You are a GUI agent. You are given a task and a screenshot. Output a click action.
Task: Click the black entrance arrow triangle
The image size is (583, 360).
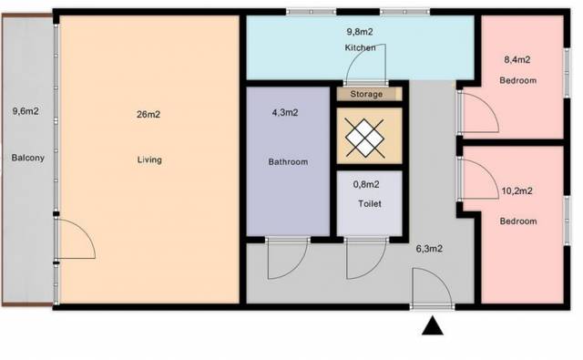tap(433, 326)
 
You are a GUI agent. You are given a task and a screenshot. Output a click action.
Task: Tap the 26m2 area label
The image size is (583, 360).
tap(148, 115)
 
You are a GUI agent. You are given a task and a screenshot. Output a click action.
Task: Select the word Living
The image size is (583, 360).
tap(149, 159)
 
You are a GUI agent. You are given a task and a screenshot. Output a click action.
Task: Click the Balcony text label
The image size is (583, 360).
tap(28, 158)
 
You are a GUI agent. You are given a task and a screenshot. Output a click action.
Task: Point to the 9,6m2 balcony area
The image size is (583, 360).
tap(26, 111)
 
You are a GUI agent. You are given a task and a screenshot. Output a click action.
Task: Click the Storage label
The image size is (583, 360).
tap(366, 94)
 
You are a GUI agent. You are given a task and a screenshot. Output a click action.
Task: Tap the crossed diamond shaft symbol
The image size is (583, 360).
tap(364, 138)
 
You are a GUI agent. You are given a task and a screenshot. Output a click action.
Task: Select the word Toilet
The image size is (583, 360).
tap(370, 204)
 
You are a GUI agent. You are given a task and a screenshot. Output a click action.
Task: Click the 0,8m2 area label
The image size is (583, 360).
tap(366, 184)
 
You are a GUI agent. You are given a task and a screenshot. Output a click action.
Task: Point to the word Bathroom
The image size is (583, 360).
tap(288, 162)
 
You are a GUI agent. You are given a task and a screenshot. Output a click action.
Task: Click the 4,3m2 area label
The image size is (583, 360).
tap(285, 113)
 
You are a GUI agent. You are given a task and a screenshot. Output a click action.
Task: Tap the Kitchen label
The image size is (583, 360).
tap(361, 47)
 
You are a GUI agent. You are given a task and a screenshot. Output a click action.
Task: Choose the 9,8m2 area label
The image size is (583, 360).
tap(360, 32)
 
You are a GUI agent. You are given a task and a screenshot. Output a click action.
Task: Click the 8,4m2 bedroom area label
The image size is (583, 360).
tap(517, 59)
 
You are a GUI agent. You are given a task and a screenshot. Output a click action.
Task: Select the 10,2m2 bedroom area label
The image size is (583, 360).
tap(517, 191)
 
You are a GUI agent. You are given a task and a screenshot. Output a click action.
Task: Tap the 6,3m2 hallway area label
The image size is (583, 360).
tap(429, 249)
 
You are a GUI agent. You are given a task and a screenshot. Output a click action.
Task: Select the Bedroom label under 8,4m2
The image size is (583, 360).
tap(518, 80)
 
